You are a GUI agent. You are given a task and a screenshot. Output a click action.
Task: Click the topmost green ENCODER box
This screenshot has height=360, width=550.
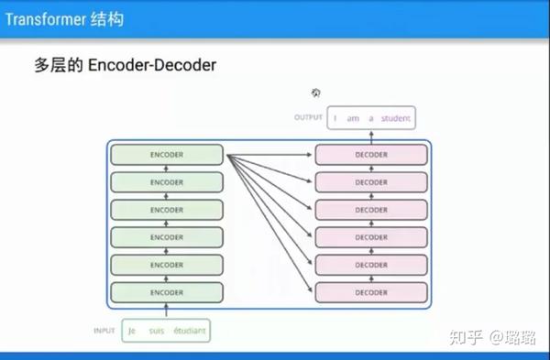tap(167, 155)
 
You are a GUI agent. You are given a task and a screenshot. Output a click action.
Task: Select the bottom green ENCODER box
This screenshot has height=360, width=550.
tap(167, 293)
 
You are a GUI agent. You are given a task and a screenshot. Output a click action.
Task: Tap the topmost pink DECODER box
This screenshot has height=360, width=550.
tap(371, 155)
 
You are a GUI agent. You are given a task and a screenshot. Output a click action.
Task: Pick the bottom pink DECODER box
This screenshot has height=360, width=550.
tap(371, 293)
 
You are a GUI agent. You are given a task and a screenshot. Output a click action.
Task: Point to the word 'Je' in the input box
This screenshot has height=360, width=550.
tap(132, 330)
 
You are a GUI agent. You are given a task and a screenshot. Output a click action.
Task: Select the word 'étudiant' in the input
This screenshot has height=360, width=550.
tap(188, 330)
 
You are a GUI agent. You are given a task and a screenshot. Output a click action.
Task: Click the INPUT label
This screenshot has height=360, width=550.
tap(104, 330)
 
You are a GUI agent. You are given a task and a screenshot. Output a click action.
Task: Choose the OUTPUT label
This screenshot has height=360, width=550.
tap(309, 118)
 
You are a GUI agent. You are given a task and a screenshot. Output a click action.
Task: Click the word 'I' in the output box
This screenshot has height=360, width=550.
tap(335, 118)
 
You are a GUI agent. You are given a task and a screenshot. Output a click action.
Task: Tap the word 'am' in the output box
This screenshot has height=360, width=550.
tap(353, 118)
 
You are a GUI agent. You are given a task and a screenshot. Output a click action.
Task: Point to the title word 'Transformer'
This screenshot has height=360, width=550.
tap(43, 18)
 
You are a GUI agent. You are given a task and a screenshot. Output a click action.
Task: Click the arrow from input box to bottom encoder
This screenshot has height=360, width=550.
tap(166, 312)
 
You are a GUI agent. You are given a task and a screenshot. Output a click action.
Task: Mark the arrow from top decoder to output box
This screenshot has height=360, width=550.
tap(371, 136)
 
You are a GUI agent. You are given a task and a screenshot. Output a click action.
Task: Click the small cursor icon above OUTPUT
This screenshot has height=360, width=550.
tap(316, 93)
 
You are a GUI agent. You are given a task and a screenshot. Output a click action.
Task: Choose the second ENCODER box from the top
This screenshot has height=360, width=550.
tap(167, 182)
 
